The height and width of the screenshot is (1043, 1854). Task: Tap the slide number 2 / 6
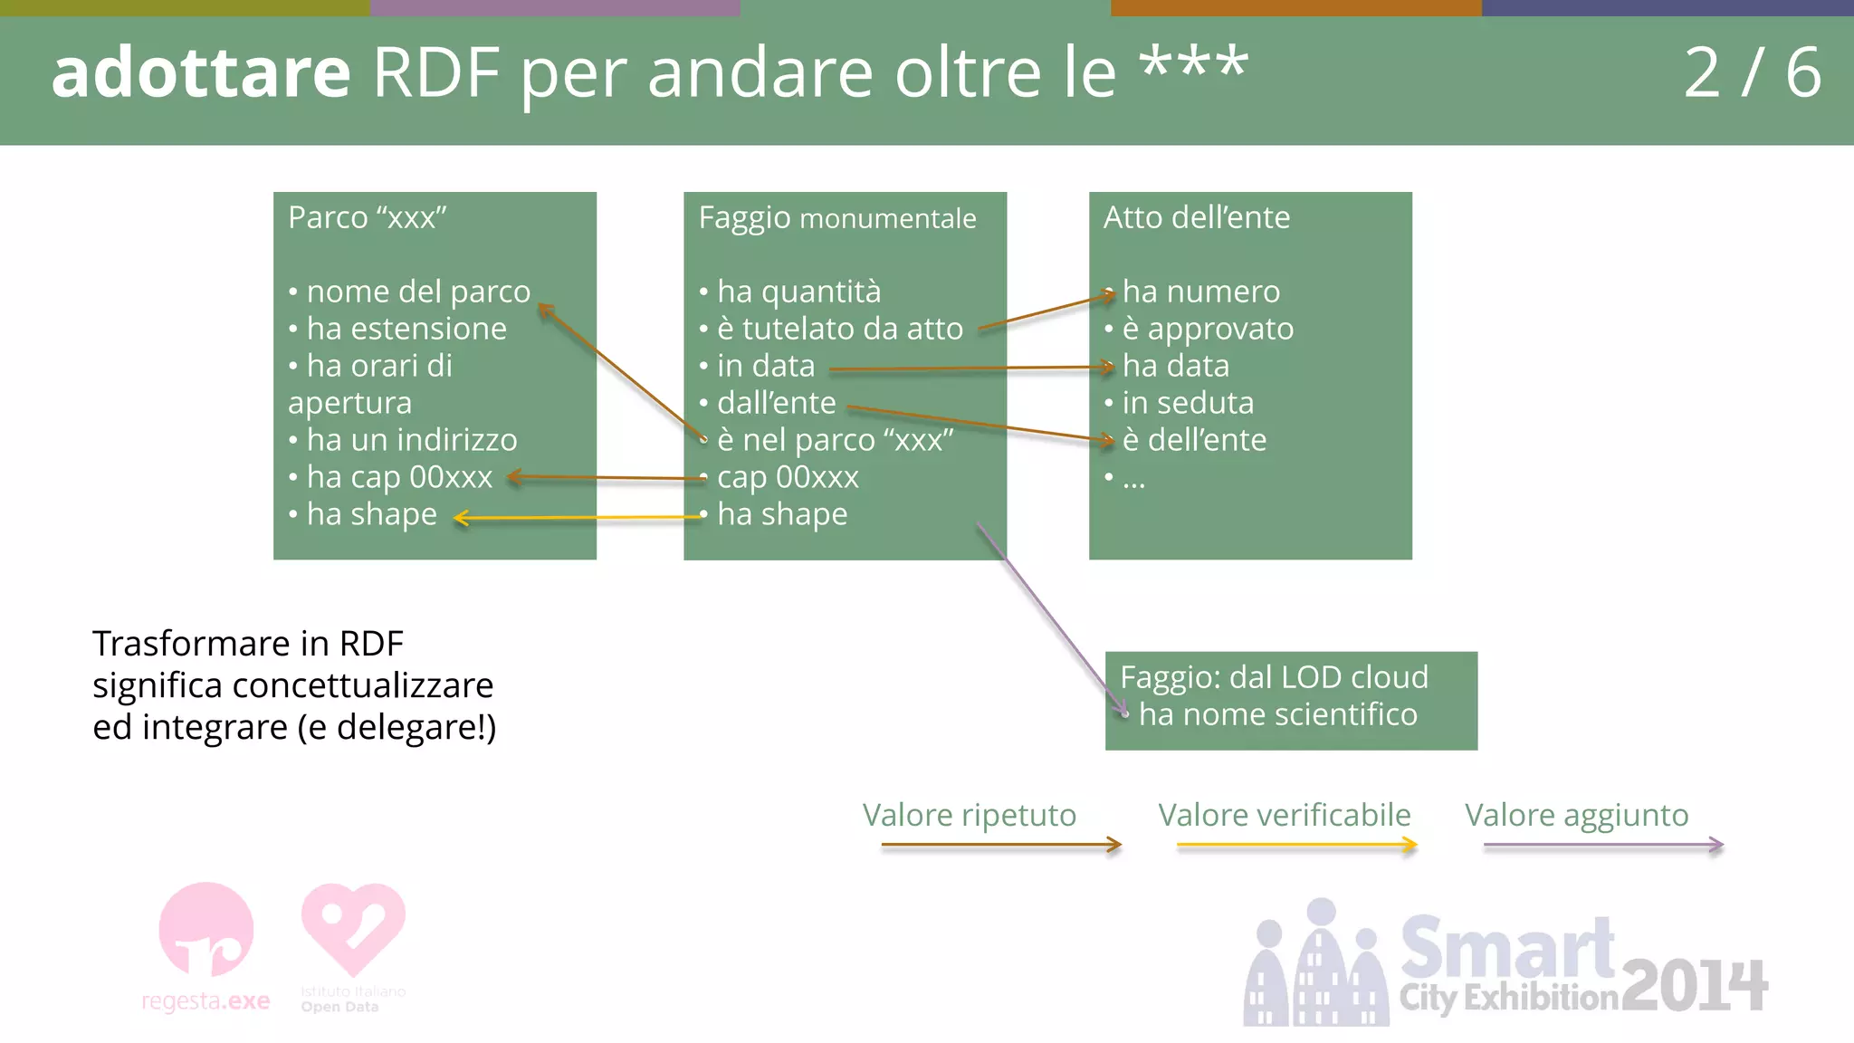pyautogui.click(x=1752, y=72)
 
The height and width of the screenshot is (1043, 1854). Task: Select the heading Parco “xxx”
pyautogui.click(x=368, y=217)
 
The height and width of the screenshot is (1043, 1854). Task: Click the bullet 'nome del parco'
pyautogui.click(x=418, y=292)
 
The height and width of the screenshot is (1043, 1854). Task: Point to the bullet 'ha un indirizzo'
pyautogui.click(x=412, y=440)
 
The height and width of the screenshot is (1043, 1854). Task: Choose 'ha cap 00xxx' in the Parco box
pyautogui.click(x=399, y=477)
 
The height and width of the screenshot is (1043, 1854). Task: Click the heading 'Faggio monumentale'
pyautogui.click(x=837, y=217)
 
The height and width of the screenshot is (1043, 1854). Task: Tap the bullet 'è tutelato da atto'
pyautogui.click(x=840, y=329)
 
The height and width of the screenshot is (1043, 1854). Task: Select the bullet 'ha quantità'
pyautogui.click(x=798, y=292)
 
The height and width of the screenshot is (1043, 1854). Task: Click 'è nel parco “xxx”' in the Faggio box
pyautogui.click(x=836, y=440)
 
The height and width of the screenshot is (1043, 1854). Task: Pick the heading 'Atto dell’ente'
pyautogui.click(x=1197, y=217)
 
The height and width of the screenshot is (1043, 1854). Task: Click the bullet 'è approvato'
pyautogui.click(x=1208, y=329)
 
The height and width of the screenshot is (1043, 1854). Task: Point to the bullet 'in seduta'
pyautogui.click(x=1188, y=403)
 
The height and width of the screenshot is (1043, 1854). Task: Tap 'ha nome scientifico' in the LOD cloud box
pyautogui.click(x=1277, y=714)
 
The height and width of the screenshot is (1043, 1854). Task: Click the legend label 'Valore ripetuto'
pyautogui.click(x=969, y=815)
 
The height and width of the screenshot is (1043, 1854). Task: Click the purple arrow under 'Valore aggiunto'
pyautogui.click(x=1602, y=845)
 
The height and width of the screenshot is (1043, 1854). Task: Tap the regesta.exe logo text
pyautogui.click(x=205, y=1001)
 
